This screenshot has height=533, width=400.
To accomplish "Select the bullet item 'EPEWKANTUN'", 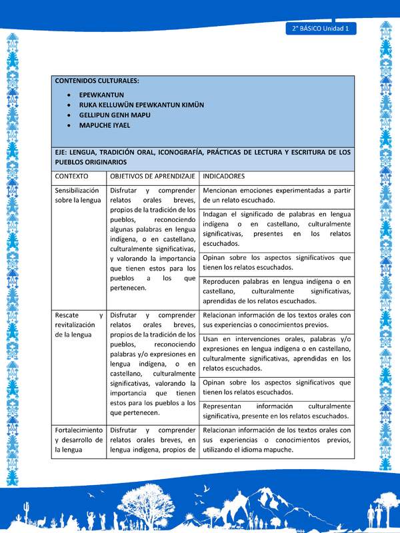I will (101, 95).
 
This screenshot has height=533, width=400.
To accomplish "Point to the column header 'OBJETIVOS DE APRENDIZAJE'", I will (152, 177).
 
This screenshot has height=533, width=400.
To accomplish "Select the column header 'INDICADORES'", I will (224, 177).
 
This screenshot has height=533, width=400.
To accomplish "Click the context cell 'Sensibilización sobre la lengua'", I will (78, 195).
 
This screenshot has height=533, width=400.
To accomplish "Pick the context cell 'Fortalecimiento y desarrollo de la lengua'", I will (79, 440).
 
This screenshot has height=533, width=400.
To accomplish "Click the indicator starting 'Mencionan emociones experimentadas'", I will (277, 195).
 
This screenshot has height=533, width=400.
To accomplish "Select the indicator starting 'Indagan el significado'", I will (277, 229).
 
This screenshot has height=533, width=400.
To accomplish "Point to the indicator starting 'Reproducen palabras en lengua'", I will (277, 291).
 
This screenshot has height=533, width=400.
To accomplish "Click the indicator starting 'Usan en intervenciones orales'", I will (277, 353).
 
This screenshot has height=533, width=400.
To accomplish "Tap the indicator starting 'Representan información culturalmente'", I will (277, 410).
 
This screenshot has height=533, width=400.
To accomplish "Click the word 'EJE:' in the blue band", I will (63, 152).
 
